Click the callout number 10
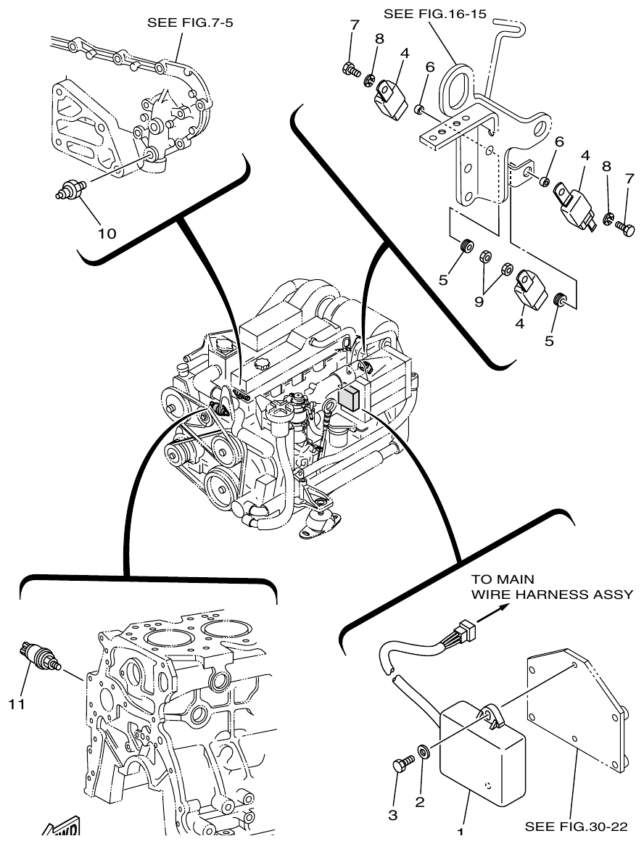107,233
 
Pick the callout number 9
479,301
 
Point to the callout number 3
393,815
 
